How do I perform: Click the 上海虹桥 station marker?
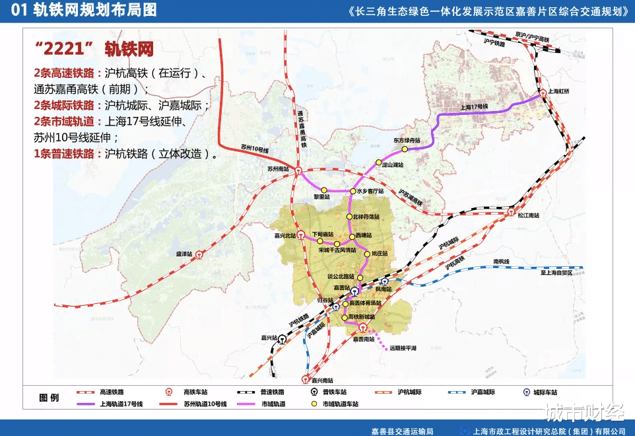(x=543, y=94)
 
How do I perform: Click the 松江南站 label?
(x=528, y=215)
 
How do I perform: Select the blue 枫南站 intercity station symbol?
(x=384, y=281)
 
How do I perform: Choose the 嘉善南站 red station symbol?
(x=362, y=328)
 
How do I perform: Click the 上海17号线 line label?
(x=473, y=106)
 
